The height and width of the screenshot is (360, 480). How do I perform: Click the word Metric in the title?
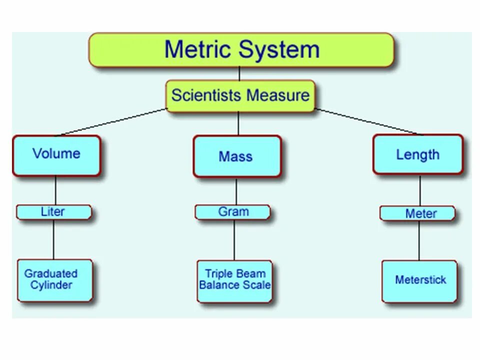tap(198, 49)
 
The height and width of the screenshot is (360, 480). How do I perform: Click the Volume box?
tap(56, 155)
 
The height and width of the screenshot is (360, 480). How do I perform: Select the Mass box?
tap(236, 156)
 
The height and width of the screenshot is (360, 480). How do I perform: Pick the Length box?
tap(418, 154)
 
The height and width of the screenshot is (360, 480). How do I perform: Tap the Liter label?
tap(53, 212)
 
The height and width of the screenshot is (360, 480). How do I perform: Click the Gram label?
tap(233, 212)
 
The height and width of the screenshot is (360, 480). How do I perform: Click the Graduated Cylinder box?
tap(54, 280)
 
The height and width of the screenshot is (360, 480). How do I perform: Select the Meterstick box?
tap(419, 280)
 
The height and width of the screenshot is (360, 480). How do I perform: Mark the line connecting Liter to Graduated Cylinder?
tap(54, 239)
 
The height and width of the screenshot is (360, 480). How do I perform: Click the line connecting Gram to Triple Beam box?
tap(234, 240)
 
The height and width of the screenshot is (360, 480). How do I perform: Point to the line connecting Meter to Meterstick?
tap(419, 240)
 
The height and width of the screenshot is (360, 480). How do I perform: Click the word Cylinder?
tap(51, 285)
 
